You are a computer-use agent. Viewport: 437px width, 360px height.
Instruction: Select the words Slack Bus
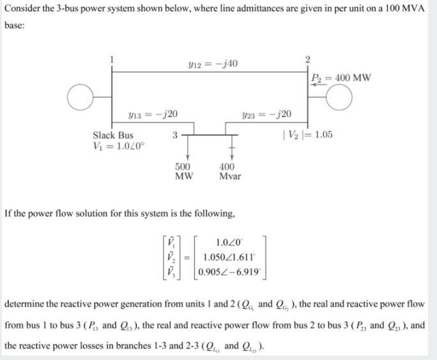click(113, 135)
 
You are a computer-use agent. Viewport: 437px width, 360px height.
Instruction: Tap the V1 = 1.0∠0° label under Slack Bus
click(120, 146)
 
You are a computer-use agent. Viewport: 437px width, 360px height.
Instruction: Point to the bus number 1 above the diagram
click(113, 59)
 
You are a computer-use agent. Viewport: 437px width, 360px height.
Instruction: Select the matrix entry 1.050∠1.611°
click(230, 257)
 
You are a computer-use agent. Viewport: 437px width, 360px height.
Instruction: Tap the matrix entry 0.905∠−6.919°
click(230, 271)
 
